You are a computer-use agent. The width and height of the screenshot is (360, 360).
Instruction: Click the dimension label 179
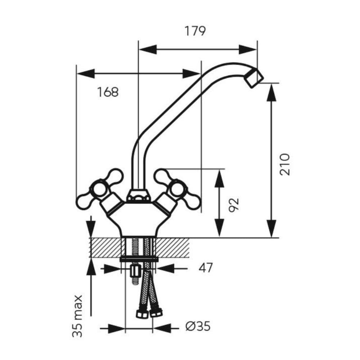click(x=195, y=31)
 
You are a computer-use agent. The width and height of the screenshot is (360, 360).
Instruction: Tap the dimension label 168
click(x=108, y=92)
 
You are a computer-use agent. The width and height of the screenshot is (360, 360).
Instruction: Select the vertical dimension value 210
click(x=285, y=165)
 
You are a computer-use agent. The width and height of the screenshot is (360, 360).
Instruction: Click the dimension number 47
click(x=206, y=268)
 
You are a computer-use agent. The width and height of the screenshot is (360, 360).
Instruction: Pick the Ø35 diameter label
click(x=198, y=326)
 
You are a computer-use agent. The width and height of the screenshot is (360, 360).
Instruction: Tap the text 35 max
click(x=77, y=316)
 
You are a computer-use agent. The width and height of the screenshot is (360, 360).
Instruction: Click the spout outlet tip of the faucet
click(x=254, y=78)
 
